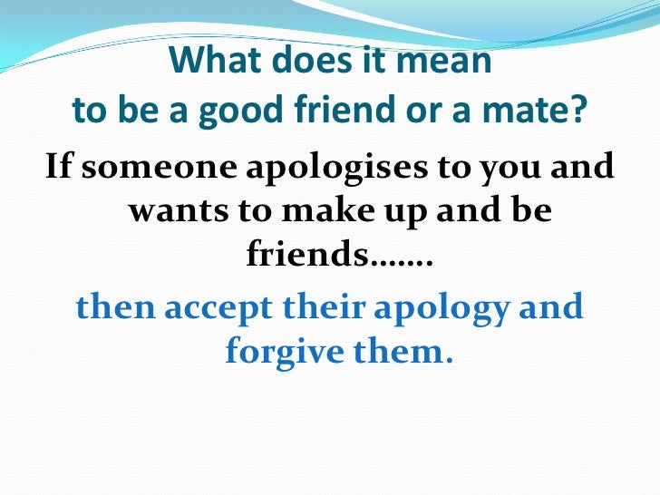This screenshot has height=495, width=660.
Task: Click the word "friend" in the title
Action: coord(344,112)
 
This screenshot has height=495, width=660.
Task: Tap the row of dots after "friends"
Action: coord(403,265)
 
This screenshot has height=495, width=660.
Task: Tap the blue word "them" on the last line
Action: coord(400,352)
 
